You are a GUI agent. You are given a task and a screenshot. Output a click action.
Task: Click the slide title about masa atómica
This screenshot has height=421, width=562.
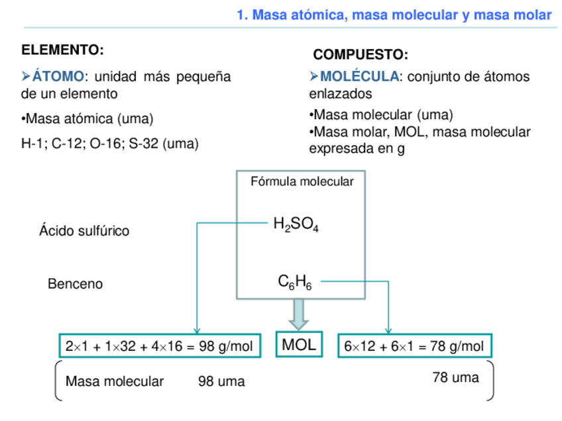[x=394, y=15]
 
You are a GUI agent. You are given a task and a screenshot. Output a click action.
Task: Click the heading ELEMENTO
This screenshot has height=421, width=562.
[x=62, y=50]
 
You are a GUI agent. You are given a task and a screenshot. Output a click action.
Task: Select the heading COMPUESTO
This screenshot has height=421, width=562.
[x=360, y=54]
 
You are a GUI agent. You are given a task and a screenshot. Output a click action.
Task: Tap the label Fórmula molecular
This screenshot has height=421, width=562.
[x=302, y=181]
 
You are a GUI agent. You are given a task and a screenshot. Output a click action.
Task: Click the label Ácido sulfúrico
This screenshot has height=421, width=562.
[x=84, y=230]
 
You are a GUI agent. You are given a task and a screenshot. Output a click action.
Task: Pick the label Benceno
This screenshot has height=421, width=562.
[x=75, y=284]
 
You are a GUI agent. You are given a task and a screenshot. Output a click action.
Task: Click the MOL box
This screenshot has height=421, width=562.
[x=299, y=344]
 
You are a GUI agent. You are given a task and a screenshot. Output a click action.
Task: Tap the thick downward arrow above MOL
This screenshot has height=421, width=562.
[x=299, y=315]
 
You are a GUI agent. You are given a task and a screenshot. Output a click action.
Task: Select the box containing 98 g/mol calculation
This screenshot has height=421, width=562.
[x=159, y=346]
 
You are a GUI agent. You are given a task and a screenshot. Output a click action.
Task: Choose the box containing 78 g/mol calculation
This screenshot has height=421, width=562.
[x=414, y=346]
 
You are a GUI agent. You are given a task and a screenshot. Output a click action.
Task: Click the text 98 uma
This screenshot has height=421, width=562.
[x=221, y=381]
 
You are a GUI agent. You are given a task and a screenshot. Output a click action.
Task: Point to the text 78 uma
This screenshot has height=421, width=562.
[x=455, y=377]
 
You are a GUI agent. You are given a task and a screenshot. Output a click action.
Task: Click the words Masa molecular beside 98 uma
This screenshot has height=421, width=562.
[x=115, y=381]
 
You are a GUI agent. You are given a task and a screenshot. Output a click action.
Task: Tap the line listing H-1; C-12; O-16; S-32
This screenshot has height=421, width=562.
[x=110, y=143]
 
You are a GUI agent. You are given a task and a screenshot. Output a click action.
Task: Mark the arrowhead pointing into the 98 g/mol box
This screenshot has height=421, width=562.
[x=197, y=330]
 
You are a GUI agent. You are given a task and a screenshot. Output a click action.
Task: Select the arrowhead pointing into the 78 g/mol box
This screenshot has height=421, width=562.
[x=388, y=330]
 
